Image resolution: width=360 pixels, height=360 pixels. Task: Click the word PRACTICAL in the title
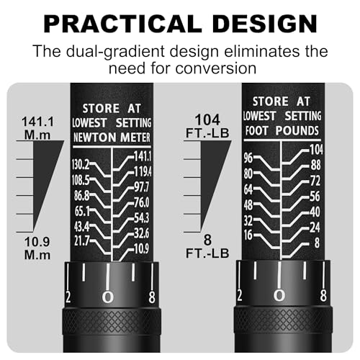123,24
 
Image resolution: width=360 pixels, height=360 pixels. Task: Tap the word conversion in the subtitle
216,68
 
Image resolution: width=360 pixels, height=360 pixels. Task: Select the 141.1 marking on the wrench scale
143,156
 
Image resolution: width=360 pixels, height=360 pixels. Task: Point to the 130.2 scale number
81,165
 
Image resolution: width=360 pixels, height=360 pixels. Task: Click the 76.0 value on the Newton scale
142,202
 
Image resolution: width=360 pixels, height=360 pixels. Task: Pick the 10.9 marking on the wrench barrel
141,248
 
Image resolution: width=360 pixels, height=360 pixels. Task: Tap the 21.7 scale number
82,240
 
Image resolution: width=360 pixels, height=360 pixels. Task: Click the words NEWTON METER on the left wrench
112,138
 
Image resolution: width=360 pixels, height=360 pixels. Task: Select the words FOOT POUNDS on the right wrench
282,131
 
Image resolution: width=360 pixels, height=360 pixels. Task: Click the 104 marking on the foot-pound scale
316,150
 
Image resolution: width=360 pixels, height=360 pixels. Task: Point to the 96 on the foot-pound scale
248,158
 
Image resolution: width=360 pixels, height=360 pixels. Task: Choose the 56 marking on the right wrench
315,197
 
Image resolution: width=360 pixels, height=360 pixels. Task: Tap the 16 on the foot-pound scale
248,235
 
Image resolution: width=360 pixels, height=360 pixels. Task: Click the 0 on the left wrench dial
108,297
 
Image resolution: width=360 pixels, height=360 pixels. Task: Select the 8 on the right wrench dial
323,295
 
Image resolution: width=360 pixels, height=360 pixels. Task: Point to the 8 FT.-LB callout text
207,246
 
